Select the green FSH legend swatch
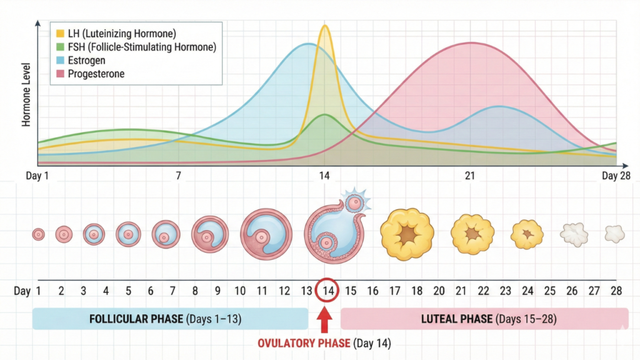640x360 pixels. pyautogui.click(x=59, y=47)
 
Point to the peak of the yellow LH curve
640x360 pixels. pyautogui.click(x=324, y=26)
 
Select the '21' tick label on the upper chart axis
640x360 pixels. pyautogui.click(x=470, y=176)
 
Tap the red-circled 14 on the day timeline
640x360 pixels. pyautogui.click(x=328, y=291)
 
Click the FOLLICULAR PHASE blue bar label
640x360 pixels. pyautogui.click(x=136, y=319)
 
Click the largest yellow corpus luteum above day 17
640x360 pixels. pyautogui.click(x=407, y=234)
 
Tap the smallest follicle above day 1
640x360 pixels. pyautogui.click(x=39, y=234)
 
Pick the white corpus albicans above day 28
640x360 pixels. pyautogui.click(x=614, y=234)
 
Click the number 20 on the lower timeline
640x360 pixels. pyautogui.click(x=439, y=291)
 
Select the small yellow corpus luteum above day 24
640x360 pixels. pyautogui.click(x=527, y=234)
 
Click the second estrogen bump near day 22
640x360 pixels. pyautogui.click(x=498, y=107)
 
